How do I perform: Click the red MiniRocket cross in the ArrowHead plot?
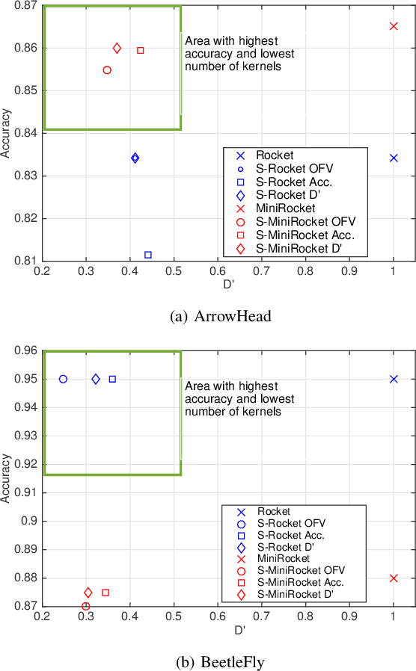point(394,26)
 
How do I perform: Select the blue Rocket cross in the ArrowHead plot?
point(394,158)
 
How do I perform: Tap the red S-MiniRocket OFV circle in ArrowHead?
point(107,70)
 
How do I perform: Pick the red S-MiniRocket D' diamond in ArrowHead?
point(117,48)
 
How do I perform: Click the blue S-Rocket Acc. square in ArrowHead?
point(148,255)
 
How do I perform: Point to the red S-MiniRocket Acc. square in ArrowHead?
point(140,50)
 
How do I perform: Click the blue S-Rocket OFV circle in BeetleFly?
point(63,379)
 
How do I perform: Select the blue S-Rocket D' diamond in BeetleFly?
point(96,379)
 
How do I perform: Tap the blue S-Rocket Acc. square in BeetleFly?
point(112,379)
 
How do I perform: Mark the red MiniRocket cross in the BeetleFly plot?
point(394,578)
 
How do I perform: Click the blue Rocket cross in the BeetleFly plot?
point(394,379)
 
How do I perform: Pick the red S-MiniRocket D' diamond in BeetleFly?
point(88,593)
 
